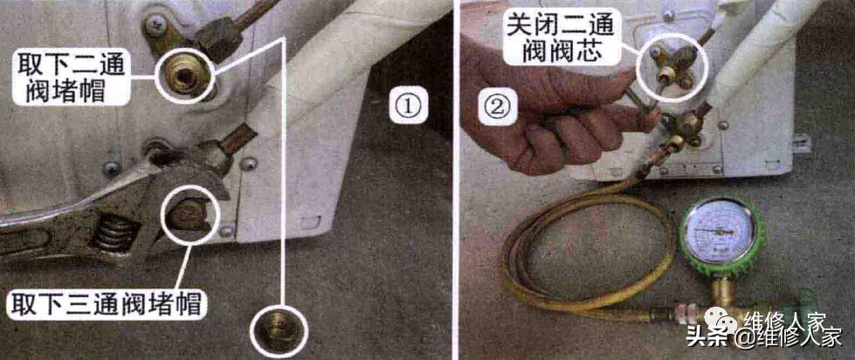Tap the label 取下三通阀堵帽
pyautogui.click(x=105, y=304)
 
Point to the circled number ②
pyautogui.click(x=496, y=108)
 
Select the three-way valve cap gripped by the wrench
pyautogui.click(x=190, y=211)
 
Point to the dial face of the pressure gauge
pyautogui.click(x=721, y=231)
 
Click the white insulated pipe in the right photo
pyautogui.click(x=759, y=52)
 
